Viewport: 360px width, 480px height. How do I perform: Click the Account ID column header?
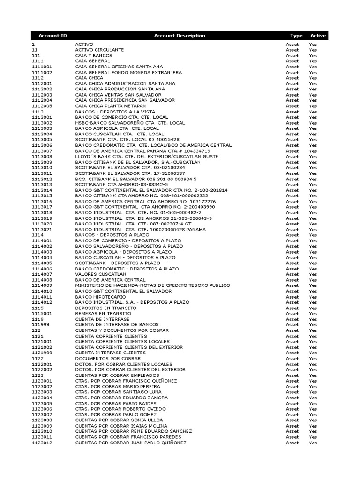[x=52, y=36]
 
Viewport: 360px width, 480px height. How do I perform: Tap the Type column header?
[x=296, y=36]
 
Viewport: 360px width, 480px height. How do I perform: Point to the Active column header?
[x=318, y=36]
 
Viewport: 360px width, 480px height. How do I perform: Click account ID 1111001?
[x=42, y=67]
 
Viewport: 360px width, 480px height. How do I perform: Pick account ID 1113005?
[x=42, y=140]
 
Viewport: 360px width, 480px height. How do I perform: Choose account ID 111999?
[x=40, y=325]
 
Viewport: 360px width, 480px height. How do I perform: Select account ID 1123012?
[x=42, y=442]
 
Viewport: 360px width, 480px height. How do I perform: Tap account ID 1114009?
[x=42, y=285]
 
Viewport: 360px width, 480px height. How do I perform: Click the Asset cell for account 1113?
[x=292, y=112]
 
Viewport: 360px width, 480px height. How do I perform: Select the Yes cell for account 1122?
[x=313, y=359]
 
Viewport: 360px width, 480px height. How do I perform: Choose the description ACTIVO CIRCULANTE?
[x=99, y=50]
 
